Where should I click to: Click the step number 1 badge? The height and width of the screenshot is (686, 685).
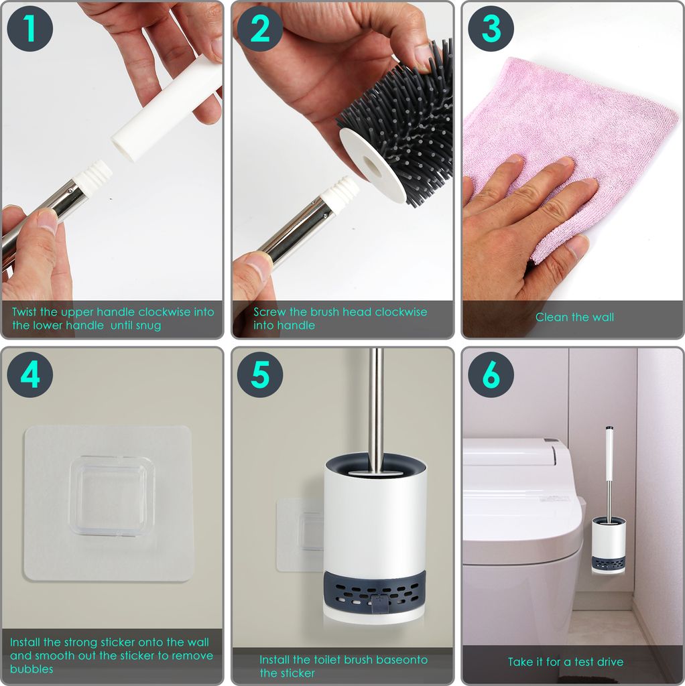30,29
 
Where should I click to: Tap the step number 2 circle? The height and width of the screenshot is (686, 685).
260,29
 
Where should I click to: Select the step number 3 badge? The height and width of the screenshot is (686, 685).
491,29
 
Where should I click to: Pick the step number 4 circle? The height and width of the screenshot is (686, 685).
30,374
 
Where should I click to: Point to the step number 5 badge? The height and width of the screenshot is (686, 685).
260,374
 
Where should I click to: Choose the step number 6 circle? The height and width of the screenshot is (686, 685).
491,374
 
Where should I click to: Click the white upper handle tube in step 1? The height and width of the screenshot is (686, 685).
167,107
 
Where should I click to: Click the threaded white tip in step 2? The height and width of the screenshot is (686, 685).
340,192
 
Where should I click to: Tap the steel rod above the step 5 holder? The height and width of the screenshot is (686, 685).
376,407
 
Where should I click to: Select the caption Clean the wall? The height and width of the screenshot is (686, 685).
574,317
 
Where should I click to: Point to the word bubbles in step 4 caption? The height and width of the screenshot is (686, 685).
32,669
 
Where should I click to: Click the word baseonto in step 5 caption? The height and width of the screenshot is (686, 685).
401,660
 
